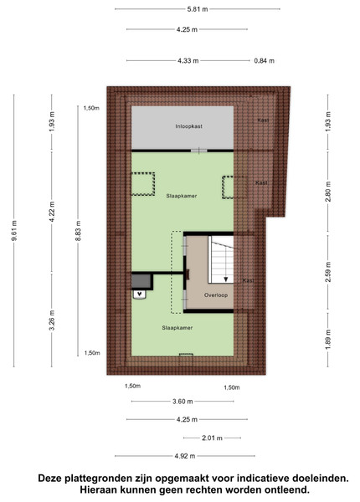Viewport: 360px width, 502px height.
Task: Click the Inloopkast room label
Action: [x=188, y=126]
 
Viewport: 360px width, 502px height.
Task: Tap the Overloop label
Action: [x=216, y=295]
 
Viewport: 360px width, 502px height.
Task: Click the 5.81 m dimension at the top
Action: [x=198, y=9]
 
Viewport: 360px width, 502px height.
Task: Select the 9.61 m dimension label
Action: [x=14, y=231]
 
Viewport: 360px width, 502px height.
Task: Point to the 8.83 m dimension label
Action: [x=79, y=231]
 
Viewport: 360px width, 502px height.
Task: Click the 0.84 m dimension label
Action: [x=265, y=60]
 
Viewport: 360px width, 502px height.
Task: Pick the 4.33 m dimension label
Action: [x=188, y=60]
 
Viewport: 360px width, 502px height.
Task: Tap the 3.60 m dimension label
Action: [x=183, y=402]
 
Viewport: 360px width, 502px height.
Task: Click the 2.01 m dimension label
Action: [x=212, y=438]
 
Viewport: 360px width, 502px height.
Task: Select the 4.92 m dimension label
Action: [x=185, y=456]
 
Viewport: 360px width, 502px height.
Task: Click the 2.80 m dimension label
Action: [x=328, y=192]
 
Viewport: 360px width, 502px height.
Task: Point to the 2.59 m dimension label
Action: [x=328, y=272]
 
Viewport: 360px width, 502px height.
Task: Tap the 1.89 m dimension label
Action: [x=328, y=341]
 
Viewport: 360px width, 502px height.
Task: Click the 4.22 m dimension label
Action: [x=52, y=212]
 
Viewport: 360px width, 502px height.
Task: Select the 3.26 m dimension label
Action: [x=52, y=320]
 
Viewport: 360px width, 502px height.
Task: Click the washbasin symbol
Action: [x=139, y=295]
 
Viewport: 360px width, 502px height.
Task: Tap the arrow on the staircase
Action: [x=226, y=264]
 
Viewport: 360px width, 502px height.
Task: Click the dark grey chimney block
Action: [x=141, y=281]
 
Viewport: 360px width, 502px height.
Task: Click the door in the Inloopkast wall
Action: [x=199, y=151]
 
